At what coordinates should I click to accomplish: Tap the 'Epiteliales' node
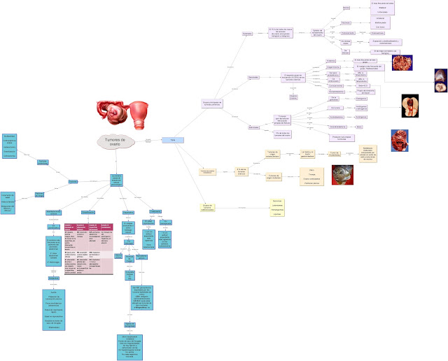click(247, 34)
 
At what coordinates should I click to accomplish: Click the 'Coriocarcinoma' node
click(336, 86)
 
